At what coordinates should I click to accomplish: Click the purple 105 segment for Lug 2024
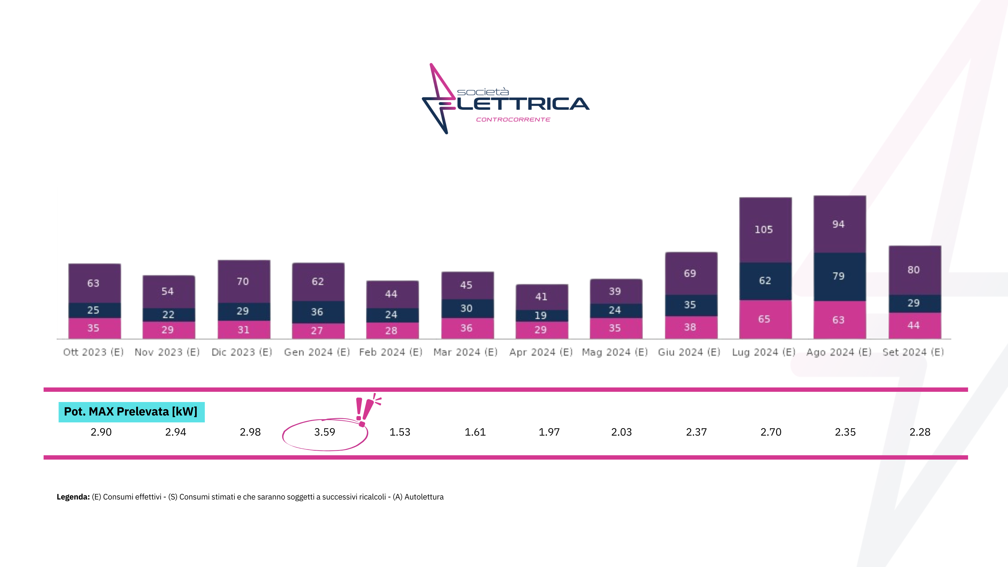click(x=765, y=230)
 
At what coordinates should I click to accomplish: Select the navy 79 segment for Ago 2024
click(x=839, y=276)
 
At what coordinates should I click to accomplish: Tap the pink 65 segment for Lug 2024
click(x=765, y=319)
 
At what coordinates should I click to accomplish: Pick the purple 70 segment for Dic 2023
click(x=243, y=281)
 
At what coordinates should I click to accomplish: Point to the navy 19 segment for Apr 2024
click(x=541, y=315)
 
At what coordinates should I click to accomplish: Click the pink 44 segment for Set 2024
click(x=914, y=325)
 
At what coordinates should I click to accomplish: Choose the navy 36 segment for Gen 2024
click(x=318, y=312)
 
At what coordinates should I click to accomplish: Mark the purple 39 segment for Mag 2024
click(x=616, y=291)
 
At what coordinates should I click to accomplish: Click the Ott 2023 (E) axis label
click(x=94, y=352)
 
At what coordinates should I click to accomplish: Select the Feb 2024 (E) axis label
click(x=391, y=352)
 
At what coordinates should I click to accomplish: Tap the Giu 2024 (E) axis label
click(x=689, y=352)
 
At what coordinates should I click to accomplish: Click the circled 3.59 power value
click(x=324, y=432)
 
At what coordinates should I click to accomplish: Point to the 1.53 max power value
click(x=400, y=432)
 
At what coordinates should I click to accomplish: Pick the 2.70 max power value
click(x=770, y=432)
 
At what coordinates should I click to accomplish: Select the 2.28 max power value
click(x=919, y=432)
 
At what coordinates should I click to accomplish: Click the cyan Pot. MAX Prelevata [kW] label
click(x=131, y=412)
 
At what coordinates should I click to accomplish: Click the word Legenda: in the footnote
click(x=73, y=497)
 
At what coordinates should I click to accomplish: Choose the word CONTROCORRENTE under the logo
click(x=513, y=120)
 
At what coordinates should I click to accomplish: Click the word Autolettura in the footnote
click(x=424, y=497)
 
